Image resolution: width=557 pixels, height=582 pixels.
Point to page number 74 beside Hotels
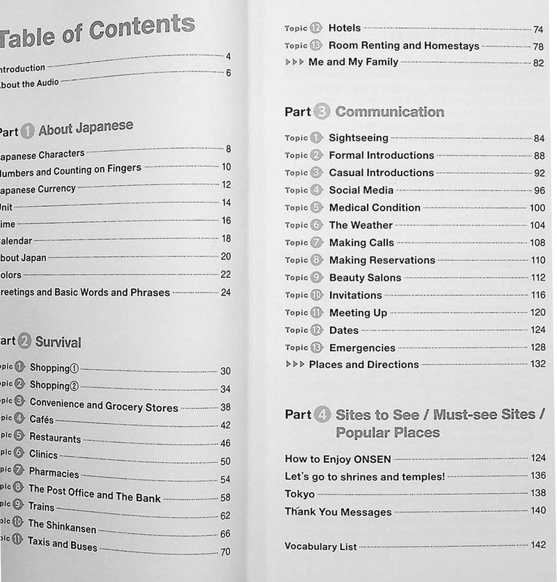[x=538, y=29]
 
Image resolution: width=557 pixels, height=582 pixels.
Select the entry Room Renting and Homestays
[x=404, y=46]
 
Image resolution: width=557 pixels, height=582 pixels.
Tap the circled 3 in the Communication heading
[x=322, y=112]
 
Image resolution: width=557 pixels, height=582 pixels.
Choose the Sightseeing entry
[x=359, y=139]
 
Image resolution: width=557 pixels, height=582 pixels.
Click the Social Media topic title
[x=361, y=190]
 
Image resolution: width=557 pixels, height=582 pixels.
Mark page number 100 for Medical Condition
[x=537, y=208]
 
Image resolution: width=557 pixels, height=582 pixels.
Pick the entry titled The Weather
[x=361, y=226]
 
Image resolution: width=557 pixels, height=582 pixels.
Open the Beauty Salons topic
[x=365, y=278]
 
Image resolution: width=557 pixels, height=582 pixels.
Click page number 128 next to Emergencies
[x=538, y=347]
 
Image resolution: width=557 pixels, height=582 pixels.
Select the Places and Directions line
[x=363, y=365]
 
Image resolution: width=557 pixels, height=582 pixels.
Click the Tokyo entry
[x=299, y=494]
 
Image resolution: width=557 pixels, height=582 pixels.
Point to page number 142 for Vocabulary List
[x=538, y=547]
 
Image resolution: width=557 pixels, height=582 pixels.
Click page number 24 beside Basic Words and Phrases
[x=225, y=292]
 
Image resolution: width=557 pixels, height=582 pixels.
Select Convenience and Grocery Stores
[x=104, y=405]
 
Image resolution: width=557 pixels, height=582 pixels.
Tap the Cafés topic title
[x=41, y=420]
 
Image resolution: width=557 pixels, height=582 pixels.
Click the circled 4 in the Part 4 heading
[x=322, y=415]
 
